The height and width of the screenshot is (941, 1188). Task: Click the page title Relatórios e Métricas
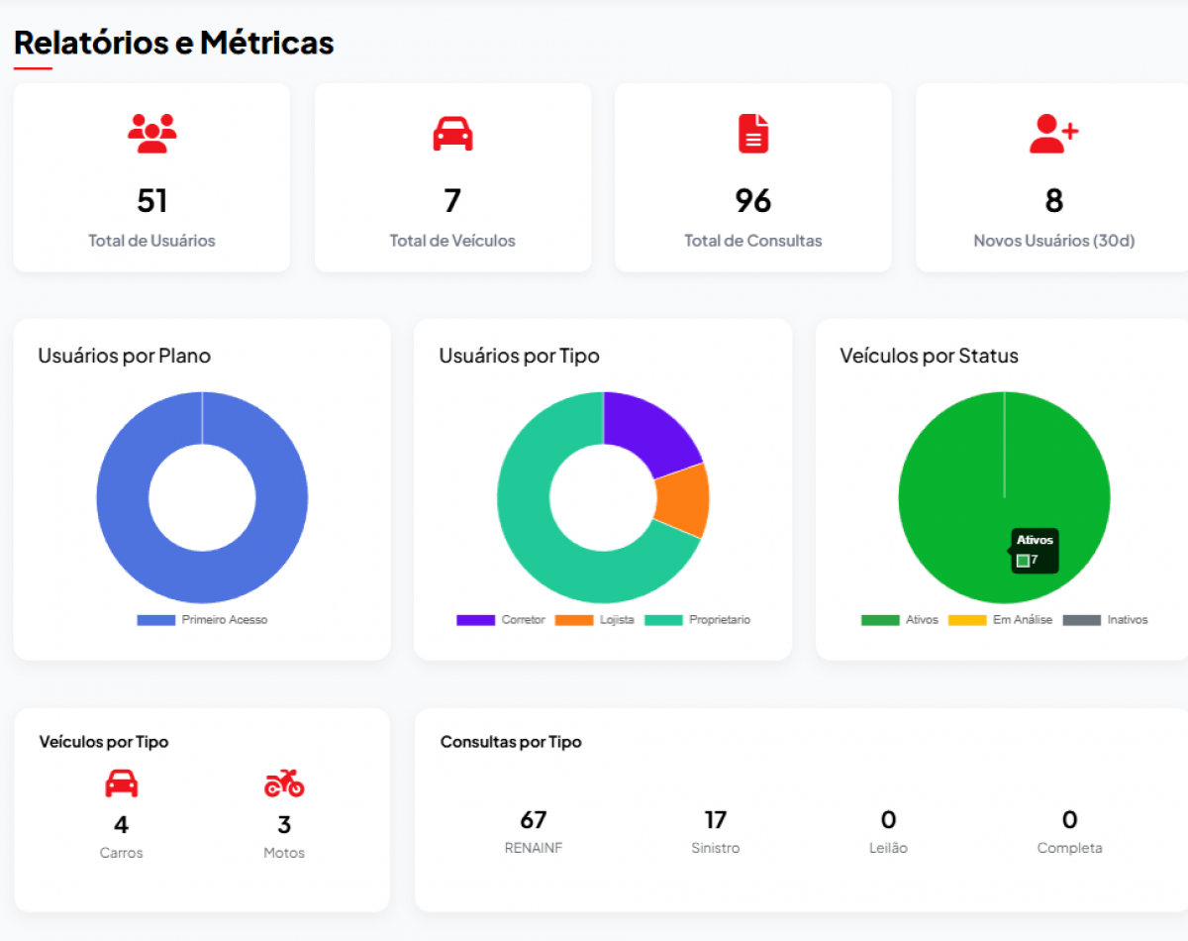pyautogui.click(x=173, y=44)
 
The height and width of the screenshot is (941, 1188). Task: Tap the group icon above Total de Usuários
pyautogui.click(x=151, y=133)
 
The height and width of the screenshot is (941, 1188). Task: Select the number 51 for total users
pyautogui.click(x=151, y=201)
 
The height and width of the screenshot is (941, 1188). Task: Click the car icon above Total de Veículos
pyautogui.click(x=452, y=134)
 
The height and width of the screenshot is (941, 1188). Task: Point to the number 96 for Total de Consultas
pyautogui.click(x=752, y=201)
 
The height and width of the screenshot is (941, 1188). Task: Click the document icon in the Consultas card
pyautogui.click(x=753, y=134)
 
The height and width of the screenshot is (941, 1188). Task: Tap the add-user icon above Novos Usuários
pyautogui.click(x=1053, y=134)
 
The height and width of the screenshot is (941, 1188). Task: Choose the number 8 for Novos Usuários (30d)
pyautogui.click(x=1053, y=201)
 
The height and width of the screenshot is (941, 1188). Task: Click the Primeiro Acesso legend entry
pyautogui.click(x=203, y=620)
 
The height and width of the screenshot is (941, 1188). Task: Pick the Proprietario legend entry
pyautogui.click(x=698, y=620)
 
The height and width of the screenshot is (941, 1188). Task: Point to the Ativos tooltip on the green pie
pyautogui.click(x=1035, y=551)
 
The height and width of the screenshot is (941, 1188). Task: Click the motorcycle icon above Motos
pyautogui.click(x=284, y=784)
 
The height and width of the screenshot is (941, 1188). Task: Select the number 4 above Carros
pyautogui.click(x=121, y=824)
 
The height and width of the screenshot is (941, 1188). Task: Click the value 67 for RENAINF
pyautogui.click(x=533, y=820)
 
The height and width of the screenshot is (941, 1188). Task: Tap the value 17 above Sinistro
pyautogui.click(x=715, y=820)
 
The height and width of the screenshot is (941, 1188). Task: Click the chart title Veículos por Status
pyautogui.click(x=929, y=356)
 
